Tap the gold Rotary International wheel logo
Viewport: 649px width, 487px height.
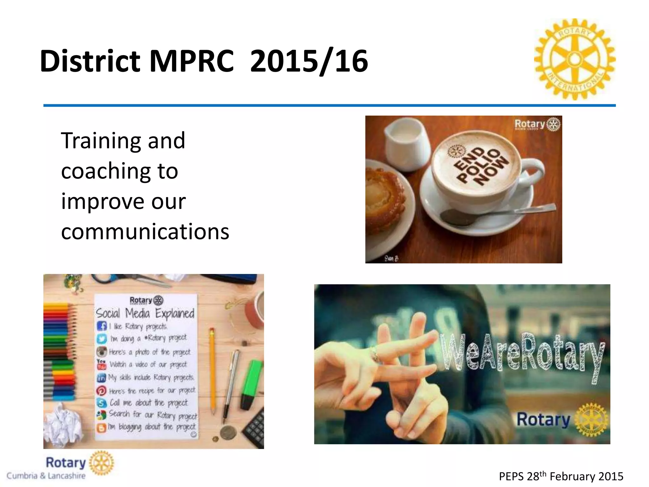pos(575,59)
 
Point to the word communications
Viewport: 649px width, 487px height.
pos(145,231)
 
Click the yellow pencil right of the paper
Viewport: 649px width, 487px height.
pos(212,371)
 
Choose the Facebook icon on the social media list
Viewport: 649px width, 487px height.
pos(102,326)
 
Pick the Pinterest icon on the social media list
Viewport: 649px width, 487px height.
pos(101,391)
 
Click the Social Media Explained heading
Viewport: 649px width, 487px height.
pos(145,313)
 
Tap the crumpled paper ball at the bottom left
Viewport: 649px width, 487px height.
pos(62,426)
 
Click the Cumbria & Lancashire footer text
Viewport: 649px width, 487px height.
pos(46,476)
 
